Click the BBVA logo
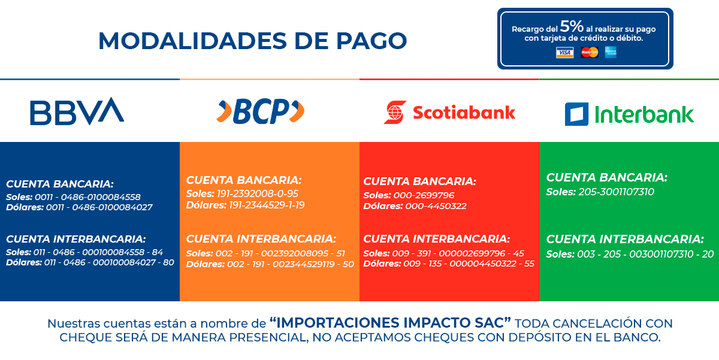pyautogui.click(x=77, y=111)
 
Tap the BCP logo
pyautogui.click(x=260, y=111)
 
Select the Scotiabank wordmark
pyautogui.click(x=464, y=113)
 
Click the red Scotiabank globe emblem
pyautogui.click(x=395, y=112)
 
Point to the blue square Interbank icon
pyautogui.click(x=576, y=114)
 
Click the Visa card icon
pyautogui.click(x=564, y=52)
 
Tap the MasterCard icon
pyautogui.click(x=590, y=52)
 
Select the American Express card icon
pyautogui.click(x=611, y=52)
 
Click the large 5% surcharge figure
pyautogui.click(x=572, y=26)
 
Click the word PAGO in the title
pyautogui.click(x=371, y=41)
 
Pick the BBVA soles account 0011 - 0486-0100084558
pyautogui.click(x=87, y=197)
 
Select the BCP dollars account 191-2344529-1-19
pyautogui.click(x=267, y=205)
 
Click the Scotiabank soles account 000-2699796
pyautogui.click(x=424, y=195)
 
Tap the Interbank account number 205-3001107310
pyautogui.click(x=617, y=192)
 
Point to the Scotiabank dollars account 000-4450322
pyautogui.click(x=436, y=206)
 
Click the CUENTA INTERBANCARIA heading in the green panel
pyautogui.click(x=625, y=239)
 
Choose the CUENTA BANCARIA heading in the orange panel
pyautogui.click(x=244, y=180)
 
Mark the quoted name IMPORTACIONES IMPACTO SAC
pyautogui.click(x=390, y=323)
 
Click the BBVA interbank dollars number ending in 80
pyautogui.click(x=109, y=262)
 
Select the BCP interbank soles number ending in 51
pyautogui.click(x=280, y=253)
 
